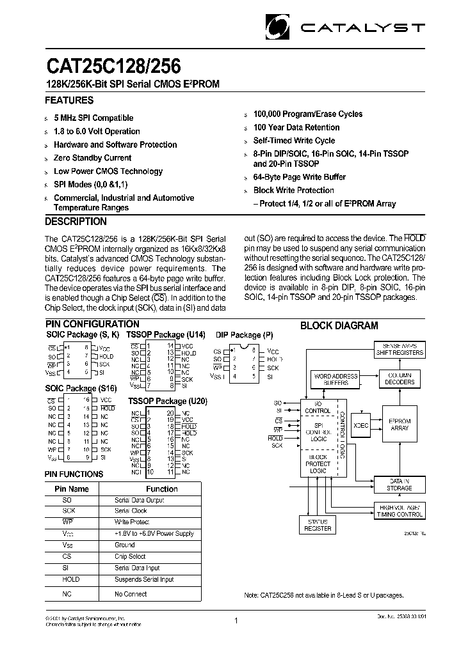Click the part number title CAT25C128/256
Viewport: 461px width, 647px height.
[x=113, y=66]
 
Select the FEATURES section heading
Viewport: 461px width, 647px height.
[x=69, y=100]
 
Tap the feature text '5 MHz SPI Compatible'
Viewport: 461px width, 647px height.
[x=93, y=118]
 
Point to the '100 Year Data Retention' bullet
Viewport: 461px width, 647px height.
[x=296, y=127]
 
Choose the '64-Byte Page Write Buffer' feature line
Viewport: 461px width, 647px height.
[x=299, y=177]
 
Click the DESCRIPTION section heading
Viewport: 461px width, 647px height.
[x=76, y=222]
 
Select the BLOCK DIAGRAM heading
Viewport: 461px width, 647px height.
[x=339, y=325]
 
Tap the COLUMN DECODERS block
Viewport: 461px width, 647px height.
[x=400, y=378]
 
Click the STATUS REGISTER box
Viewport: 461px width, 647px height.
[x=318, y=525]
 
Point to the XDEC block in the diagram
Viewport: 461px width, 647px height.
[x=361, y=425]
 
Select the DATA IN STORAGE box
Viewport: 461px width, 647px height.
[x=400, y=484]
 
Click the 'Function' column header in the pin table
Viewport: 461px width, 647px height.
[x=162, y=488]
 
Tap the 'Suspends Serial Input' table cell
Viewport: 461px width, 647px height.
[x=144, y=579]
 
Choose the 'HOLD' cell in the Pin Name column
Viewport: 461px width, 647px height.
[x=71, y=579]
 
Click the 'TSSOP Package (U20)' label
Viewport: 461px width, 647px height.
[x=167, y=401]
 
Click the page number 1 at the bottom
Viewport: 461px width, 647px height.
[x=236, y=620]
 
